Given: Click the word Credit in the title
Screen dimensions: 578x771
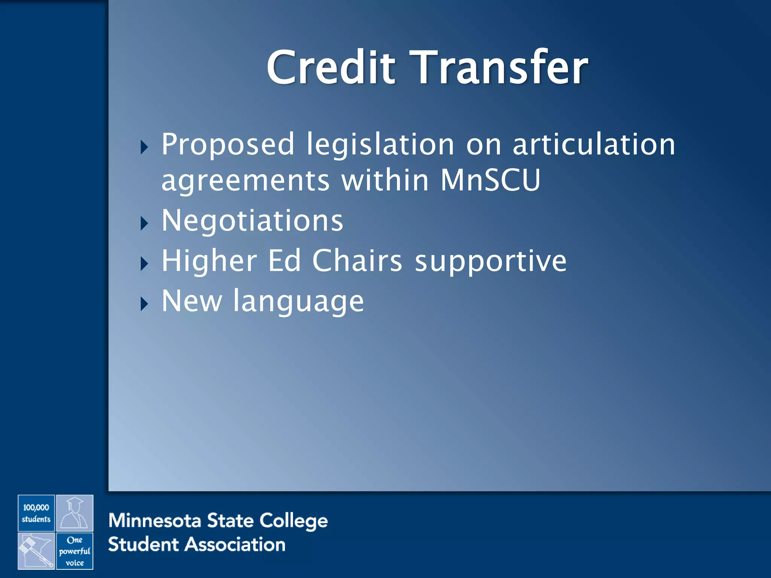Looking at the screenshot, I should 331,68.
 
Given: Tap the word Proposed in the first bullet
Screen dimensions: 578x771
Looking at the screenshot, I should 227,145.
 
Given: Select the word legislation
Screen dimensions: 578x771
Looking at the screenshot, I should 380,145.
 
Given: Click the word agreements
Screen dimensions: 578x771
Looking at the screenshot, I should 245,181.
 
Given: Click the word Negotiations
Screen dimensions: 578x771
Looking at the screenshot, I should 252,221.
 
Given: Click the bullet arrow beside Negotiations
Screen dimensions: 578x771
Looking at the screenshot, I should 144,224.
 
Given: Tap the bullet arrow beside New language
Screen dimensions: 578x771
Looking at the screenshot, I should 144,304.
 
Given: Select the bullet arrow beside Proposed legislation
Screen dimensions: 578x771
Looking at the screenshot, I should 144,147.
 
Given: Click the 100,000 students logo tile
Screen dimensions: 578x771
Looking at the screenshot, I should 36,513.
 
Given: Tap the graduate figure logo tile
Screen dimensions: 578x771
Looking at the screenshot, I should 75,513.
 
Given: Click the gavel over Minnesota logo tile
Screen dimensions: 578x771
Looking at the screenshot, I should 36,551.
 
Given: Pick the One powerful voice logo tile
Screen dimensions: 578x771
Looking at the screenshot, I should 75,551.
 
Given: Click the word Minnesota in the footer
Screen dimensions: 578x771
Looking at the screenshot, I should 155,521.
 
